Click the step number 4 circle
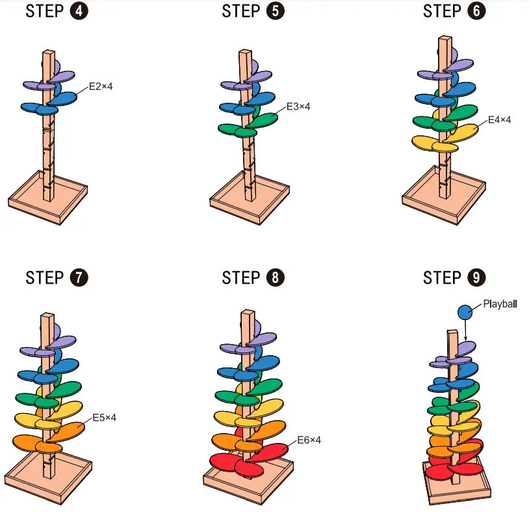tap(79, 12)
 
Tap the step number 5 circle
tap(275, 12)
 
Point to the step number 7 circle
tap(79, 278)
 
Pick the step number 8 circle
tap(275, 278)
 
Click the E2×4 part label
tap(101, 85)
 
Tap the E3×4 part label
tap(298, 107)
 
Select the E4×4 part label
tap(500, 120)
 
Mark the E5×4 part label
tap(105, 417)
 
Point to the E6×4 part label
tap(309, 440)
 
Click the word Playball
tap(500, 303)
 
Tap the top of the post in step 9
tap(454, 333)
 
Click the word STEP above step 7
tap(45, 278)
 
